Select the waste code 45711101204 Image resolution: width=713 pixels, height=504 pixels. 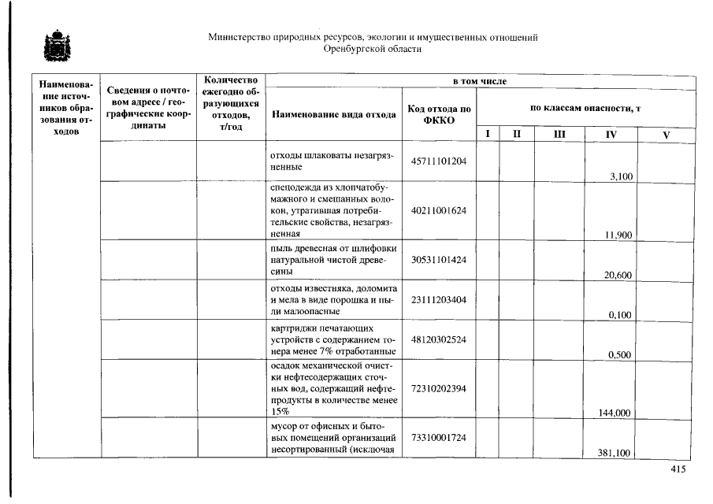coord(439,161)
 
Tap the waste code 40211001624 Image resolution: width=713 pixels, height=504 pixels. coord(439,210)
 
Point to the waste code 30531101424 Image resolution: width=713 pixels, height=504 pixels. coord(439,259)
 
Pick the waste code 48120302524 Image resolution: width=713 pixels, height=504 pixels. coord(439,339)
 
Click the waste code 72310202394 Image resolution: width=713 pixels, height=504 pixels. coord(439,388)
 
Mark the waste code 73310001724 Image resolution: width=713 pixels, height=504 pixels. coord(439,437)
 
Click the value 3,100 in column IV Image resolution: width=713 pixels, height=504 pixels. coord(621,176)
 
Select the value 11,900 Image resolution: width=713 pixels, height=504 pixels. coord(619,235)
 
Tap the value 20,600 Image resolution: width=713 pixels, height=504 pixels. coord(619,275)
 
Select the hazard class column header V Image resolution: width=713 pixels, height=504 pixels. coord(666,135)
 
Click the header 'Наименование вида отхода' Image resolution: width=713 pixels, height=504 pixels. coord(333,114)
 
